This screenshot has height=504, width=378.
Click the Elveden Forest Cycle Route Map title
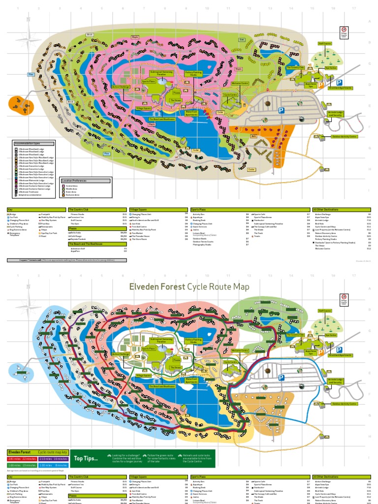[x=189, y=286]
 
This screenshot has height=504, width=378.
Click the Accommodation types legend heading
[x=28, y=144]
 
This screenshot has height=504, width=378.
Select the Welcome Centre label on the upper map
[x=239, y=83]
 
